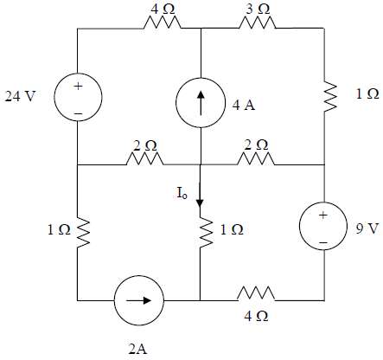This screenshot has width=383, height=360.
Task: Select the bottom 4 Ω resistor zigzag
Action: coord(259,301)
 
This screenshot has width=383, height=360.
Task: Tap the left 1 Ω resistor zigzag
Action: coord(77,232)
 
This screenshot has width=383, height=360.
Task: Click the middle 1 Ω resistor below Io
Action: coord(200,232)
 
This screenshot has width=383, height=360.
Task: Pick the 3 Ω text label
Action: coord(259,8)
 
